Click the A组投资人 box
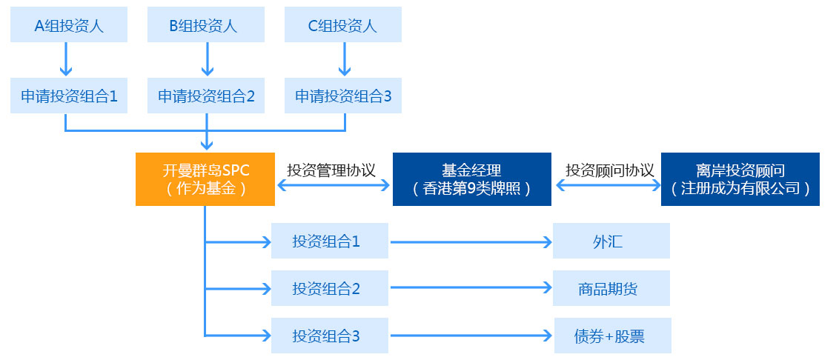pyautogui.click(x=69, y=25)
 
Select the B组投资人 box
pyautogui.click(x=206, y=25)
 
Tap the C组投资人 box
pyautogui.click(x=343, y=25)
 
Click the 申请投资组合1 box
pyautogui.click(x=69, y=96)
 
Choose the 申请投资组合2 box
pyautogui.click(x=206, y=96)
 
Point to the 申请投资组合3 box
pyautogui.click(x=343, y=96)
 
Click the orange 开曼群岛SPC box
pyautogui.click(x=205, y=179)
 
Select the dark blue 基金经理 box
pyautogui.click(x=471, y=179)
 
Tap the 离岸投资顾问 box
pyautogui.click(x=740, y=179)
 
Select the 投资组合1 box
pyautogui.click(x=329, y=241)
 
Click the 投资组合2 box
pyautogui.click(x=329, y=288)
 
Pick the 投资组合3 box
pyautogui.click(x=329, y=336)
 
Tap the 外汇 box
pyautogui.click(x=611, y=241)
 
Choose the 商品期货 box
pyautogui.click(x=611, y=288)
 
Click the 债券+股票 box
pyautogui.click(x=612, y=336)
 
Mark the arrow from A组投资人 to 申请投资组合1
pyautogui.click(x=66, y=59)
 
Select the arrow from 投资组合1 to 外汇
pyautogui.click(x=471, y=241)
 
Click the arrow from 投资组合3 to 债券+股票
pyautogui.click(x=471, y=336)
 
